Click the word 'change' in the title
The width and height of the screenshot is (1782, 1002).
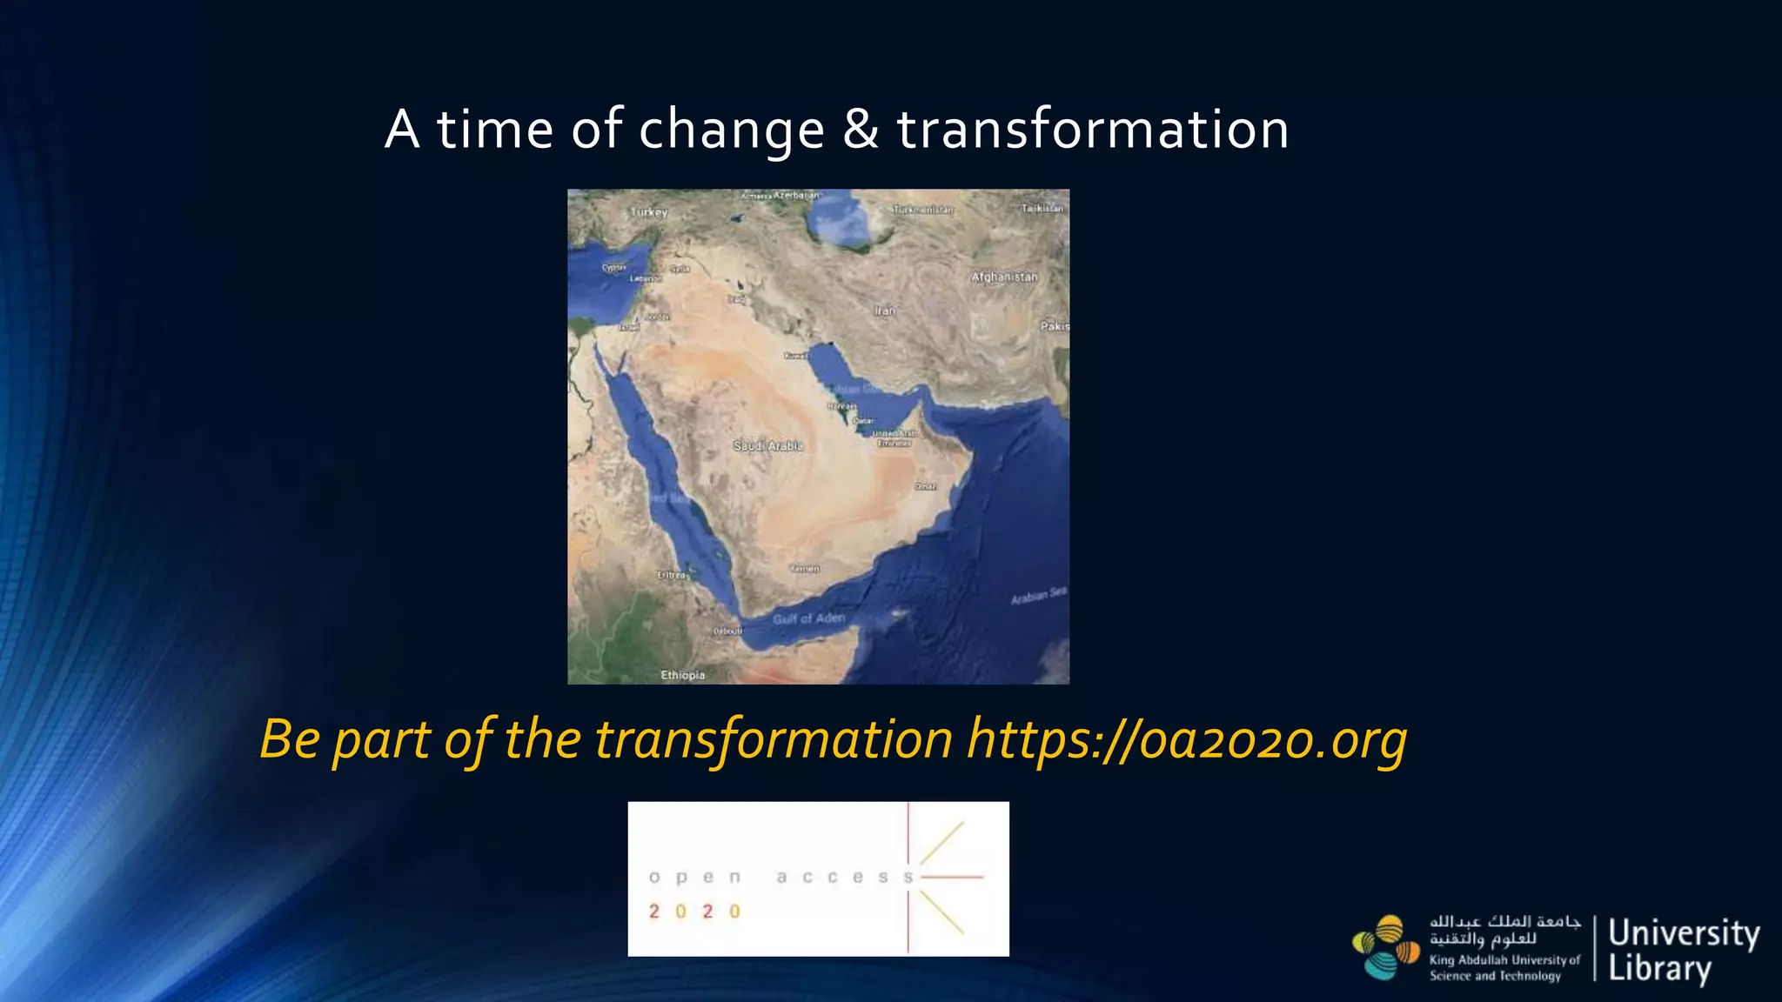pyautogui.click(x=731, y=130)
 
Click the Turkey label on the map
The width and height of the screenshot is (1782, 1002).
pyautogui.click(x=649, y=212)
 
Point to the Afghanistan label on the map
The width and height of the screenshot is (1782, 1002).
pyautogui.click(x=1004, y=277)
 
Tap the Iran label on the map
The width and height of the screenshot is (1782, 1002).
pyautogui.click(x=885, y=311)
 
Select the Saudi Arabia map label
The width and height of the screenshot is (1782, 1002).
pyautogui.click(x=767, y=445)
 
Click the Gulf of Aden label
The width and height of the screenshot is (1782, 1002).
pyautogui.click(x=809, y=618)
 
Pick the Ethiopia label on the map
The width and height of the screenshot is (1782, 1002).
pyautogui.click(x=682, y=675)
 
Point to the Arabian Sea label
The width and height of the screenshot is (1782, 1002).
pyautogui.click(x=1038, y=596)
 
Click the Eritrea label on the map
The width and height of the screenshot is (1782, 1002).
pyautogui.click(x=672, y=575)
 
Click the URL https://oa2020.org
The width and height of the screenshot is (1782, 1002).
pyautogui.click(x=1187, y=740)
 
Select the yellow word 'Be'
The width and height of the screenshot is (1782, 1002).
pyautogui.click(x=290, y=740)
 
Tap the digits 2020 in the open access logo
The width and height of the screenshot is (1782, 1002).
pyautogui.click(x=694, y=912)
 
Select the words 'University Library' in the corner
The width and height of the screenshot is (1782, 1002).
pyautogui.click(x=1683, y=950)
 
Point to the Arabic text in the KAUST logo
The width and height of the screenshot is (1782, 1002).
pyautogui.click(x=1504, y=930)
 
